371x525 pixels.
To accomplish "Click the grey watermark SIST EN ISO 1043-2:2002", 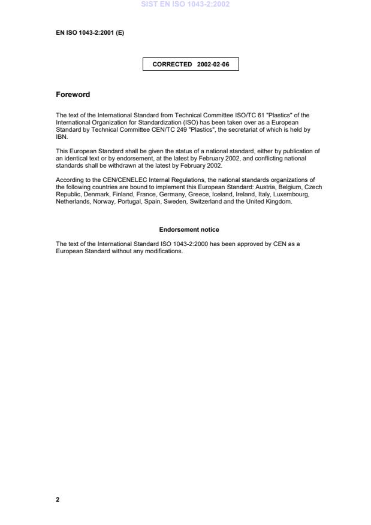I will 185,4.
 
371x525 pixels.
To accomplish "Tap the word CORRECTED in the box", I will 173,64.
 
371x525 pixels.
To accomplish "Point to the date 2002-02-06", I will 213,64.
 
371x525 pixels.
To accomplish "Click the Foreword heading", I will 73,95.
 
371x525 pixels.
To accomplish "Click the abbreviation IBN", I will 61,136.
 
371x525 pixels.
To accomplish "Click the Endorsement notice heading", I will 189,229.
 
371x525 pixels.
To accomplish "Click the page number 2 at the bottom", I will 58,499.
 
